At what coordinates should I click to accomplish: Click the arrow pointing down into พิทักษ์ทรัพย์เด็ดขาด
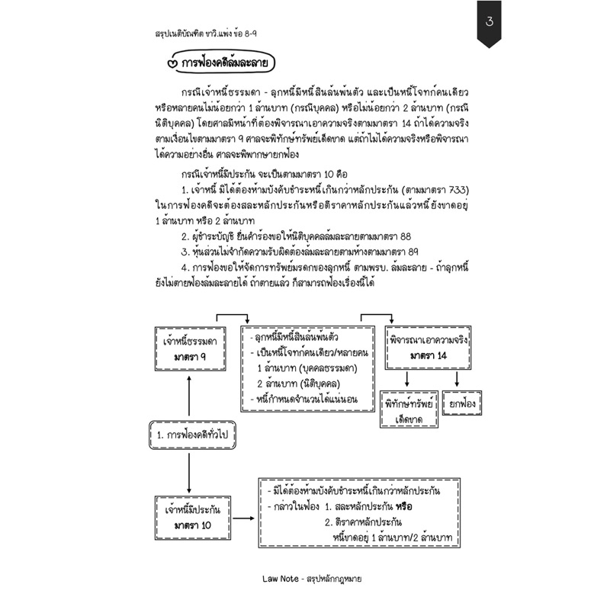[409, 379]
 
